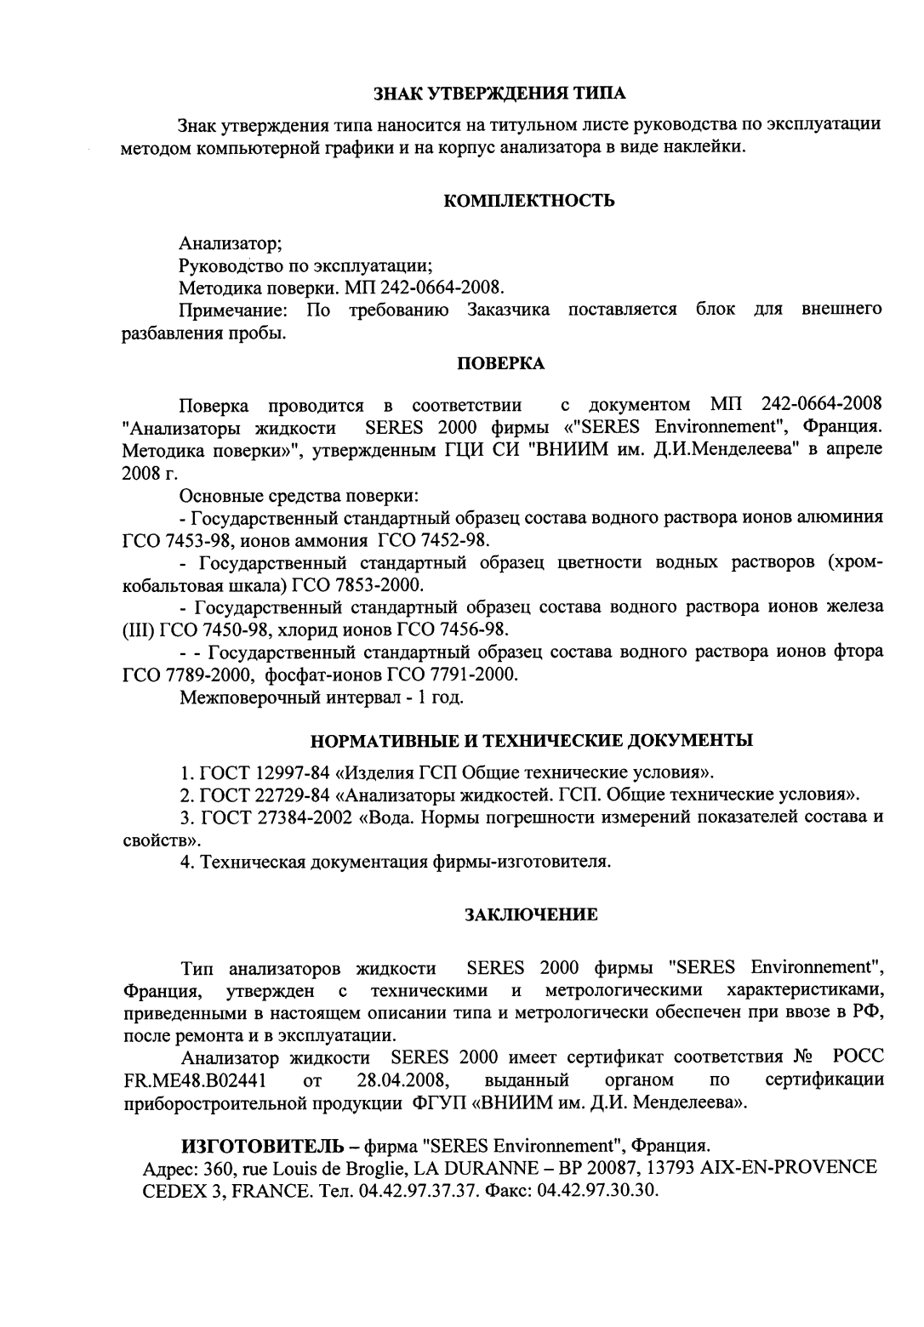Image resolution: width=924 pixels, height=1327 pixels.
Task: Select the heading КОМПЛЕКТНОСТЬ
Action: (x=529, y=201)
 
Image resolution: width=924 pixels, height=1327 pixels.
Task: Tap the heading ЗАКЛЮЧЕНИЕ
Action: (x=529, y=914)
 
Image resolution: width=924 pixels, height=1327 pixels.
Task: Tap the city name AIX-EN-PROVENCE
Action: (x=788, y=1166)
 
